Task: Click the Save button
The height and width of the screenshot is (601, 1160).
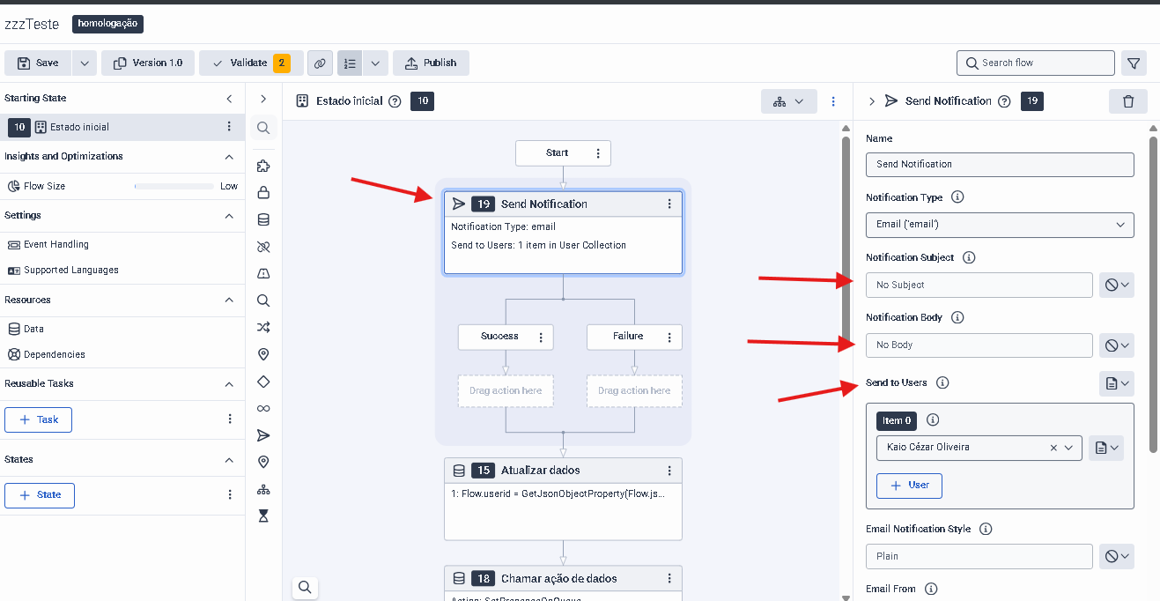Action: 38,63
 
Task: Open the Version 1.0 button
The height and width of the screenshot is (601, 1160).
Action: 148,63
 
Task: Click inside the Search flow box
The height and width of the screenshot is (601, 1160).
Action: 1035,63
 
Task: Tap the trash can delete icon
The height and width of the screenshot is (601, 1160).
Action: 1128,101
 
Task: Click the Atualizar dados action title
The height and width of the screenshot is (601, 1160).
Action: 540,471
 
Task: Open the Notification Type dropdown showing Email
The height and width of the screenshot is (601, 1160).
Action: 1000,225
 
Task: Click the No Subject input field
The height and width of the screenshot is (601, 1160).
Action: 979,285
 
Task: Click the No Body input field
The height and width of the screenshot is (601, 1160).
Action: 979,345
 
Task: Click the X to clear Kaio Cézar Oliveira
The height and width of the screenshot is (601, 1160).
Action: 1053,449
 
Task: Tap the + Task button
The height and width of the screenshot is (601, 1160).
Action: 39,419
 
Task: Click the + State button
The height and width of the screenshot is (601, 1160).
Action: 40,495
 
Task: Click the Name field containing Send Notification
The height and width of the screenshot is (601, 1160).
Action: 1000,165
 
